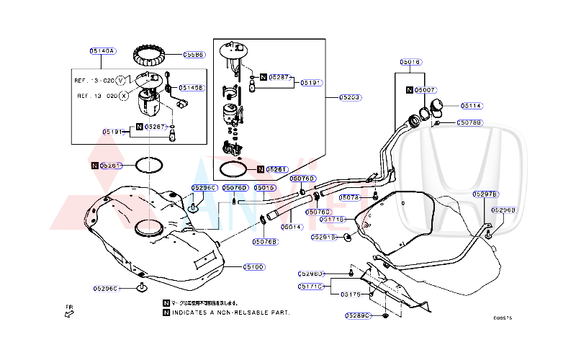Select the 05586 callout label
pyautogui.click(x=193, y=54)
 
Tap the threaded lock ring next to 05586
pyautogui.click(x=153, y=55)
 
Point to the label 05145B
pyautogui.click(x=192, y=88)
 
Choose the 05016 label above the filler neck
pyautogui.click(x=410, y=62)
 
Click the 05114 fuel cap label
pyautogui.click(x=472, y=106)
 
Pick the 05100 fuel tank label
pyautogui.click(x=253, y=267)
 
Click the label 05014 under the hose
pyautogui.click(x=291, y=227)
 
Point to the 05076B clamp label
pyautogui.click(x=265, y=242)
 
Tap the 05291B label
pyautogui.click(x=324, y=236)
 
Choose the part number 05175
pyautogui.click(x=351, y=294)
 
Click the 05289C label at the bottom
pyautogui.click(x=357, y=315)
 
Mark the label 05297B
pyautogui.click(x=485, y=194)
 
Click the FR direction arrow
pyautogui.click(x=70, y=312)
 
